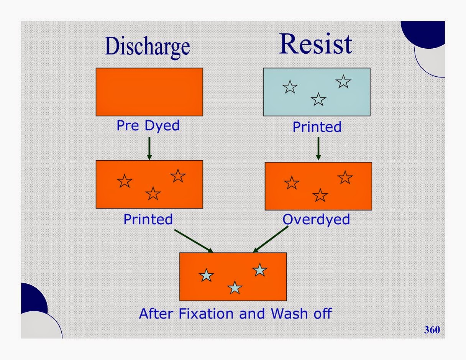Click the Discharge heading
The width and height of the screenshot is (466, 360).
[148, 47]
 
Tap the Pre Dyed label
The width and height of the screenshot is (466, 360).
[148, 126]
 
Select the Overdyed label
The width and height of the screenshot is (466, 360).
[316, 219]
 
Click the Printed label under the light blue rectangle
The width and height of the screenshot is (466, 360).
[317, 127]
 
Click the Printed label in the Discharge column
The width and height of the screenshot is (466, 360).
[148, 219]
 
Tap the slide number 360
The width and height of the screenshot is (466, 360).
[432, 329]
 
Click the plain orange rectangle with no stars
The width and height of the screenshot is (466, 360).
[149, 92]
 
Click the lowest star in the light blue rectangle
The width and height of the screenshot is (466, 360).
[318, 100]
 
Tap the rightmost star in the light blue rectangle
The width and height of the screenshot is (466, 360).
[343, 81]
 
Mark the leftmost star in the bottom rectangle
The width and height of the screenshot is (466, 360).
[207, 275]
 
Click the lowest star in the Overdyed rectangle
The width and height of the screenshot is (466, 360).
[320, 196]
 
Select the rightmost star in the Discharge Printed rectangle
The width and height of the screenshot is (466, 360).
[178, 176]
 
